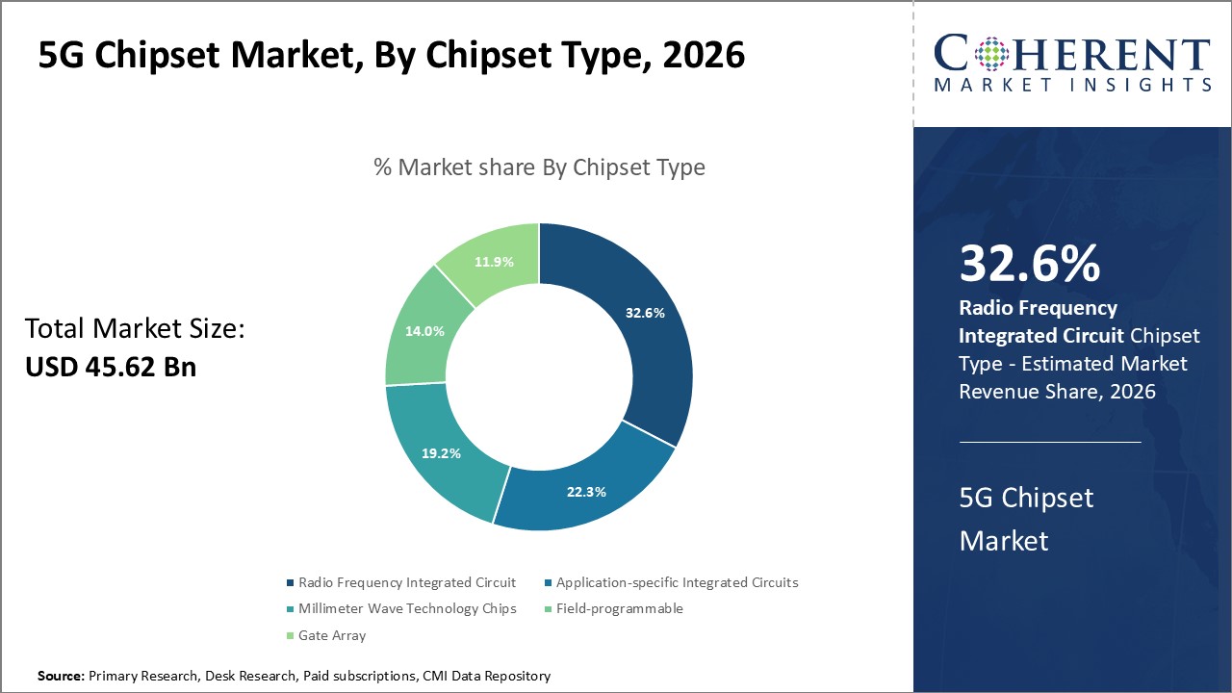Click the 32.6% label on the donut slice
pos(645,313)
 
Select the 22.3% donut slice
pos(585,491)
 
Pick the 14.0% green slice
pos(424,330)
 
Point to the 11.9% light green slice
pos(493,262)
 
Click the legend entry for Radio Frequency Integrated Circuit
pos(406,582)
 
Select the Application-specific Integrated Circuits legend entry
pos(677,582)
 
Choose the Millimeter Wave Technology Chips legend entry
pos(406,608)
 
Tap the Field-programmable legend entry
pos(619,608)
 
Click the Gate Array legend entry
pos(332,635)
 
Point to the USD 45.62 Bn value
pos(110,367)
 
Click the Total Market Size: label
pos(135,329)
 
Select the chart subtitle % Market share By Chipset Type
pos(539,167)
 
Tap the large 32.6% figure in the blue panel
pos(1030,265)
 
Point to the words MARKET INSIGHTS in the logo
pos(1072,86)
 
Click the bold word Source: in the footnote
pos(62,677)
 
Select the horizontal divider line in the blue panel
pos(1050,442)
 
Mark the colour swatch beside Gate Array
pos(291,635)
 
